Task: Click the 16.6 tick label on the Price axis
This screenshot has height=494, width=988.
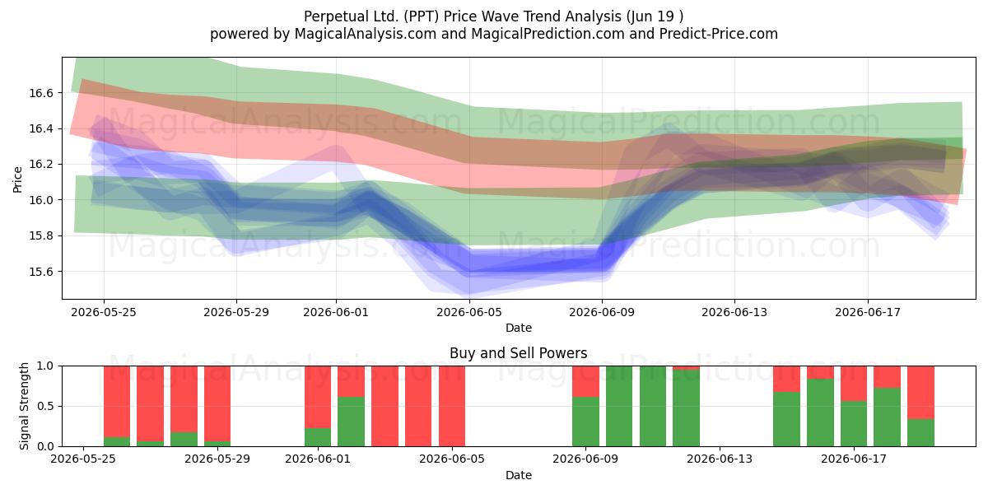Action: coord(40,93)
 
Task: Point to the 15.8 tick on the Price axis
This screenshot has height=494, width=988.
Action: coord(40,236)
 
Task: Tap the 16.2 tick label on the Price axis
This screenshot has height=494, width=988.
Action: coord(40,165)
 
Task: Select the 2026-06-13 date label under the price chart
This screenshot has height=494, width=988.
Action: coord(734,312)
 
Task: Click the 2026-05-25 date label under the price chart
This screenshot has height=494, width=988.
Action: coord(104,312)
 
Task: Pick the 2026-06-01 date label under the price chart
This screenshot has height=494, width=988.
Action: coord(336,312)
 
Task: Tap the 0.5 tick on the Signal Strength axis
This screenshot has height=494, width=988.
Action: coord(45,406)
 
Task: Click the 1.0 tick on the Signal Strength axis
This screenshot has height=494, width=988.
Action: coord(45,366)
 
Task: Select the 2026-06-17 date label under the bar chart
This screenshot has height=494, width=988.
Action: coord(854,459)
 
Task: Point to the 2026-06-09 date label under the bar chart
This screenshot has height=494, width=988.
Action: coord(585,459)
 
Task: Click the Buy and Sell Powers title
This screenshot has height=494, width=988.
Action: coord(518,353)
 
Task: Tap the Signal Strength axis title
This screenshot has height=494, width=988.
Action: coord(24,406)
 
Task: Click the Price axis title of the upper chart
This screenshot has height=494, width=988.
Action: coord(17,179)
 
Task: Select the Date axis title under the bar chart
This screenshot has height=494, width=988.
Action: coord(518,475)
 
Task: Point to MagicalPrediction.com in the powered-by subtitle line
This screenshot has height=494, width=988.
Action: coord(548,34)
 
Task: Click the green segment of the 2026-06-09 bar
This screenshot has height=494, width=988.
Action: coord(585,422)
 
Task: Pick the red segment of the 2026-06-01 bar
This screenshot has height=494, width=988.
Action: coord(318,397)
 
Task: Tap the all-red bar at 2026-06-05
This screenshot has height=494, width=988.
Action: coord(452,406)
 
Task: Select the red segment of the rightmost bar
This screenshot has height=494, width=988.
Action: coord(920,393)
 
